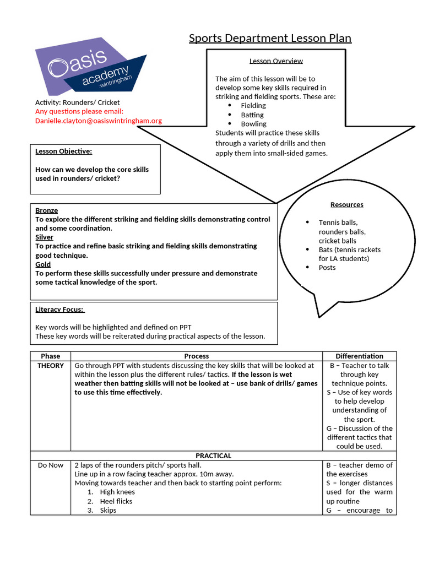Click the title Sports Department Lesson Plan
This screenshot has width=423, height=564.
pos(270,38)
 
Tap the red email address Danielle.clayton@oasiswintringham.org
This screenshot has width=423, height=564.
pos(99,121)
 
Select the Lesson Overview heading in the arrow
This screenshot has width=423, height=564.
pos(276,61)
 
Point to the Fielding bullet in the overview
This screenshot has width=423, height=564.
pos(253,106)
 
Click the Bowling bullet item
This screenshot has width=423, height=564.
pos(253,124)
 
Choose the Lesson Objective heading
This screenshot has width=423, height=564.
pos(63,151)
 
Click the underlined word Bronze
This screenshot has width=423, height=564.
pos(46,210)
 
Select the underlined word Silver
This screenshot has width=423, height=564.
pos(44,237)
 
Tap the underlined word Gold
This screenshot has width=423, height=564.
pos(43,264)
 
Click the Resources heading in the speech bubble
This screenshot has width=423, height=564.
pos(346,205)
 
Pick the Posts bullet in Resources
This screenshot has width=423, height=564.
pos(327,268)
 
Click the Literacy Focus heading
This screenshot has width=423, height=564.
pos(59,310)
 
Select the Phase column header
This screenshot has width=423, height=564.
pos(51,356)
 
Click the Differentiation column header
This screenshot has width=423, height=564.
pos(359,356)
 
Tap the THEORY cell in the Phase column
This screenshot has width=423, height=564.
pos(51,366)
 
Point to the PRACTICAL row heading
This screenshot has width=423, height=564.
pos(214,456)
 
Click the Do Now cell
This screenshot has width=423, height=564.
pos(51,465)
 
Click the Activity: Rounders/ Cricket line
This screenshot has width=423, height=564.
pos(77,102)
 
